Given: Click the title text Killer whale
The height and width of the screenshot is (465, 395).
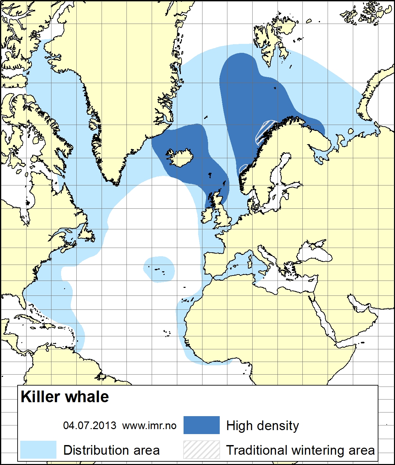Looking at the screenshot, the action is pos(65,397).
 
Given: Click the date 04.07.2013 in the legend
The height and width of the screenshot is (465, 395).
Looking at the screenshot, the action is pos(90,425).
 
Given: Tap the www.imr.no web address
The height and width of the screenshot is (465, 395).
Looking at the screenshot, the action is pos(149,425).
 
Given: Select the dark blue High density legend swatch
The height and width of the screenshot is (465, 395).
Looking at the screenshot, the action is pos(201,425).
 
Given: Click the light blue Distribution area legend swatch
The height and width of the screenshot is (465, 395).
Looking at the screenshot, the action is pos(38,450).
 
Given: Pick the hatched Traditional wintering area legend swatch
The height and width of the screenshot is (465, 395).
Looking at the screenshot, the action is pos(201,450).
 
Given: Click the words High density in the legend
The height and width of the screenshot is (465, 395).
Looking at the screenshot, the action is pos(262,425).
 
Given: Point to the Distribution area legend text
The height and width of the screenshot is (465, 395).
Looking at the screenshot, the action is pos(112,450).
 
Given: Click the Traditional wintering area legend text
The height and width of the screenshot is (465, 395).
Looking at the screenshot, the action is pos(300,450).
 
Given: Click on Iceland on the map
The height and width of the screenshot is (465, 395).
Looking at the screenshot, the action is pos(181,158).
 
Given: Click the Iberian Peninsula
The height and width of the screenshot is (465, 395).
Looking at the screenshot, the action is pos(216,264).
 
